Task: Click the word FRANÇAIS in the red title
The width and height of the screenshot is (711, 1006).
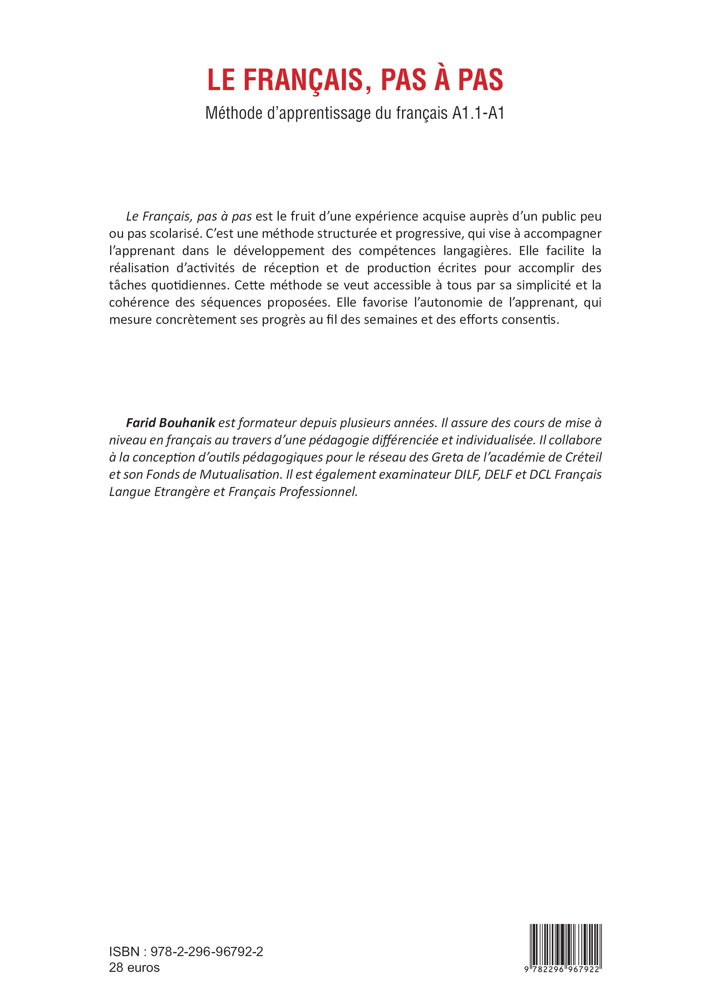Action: [x=303, y=80]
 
